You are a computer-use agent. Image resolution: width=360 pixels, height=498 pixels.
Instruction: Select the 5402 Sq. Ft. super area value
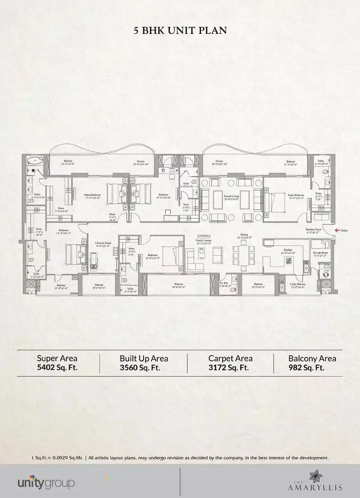57,367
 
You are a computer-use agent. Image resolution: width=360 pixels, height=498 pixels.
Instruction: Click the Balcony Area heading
312,358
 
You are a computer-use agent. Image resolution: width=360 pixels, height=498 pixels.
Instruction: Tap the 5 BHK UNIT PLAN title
180,30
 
